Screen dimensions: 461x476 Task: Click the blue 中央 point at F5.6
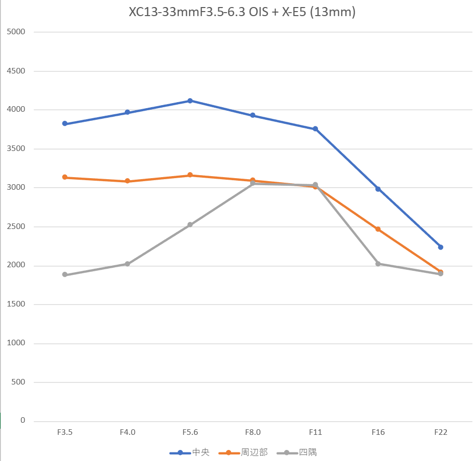(x=190, y=101)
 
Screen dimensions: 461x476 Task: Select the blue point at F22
(x=441, y=247)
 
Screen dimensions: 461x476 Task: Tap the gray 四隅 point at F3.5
(x=65, y=275)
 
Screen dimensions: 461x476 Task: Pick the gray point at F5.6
(x=190, y=225)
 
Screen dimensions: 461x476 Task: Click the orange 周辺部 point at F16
(x=378, y=229)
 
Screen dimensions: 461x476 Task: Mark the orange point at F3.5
(x=65, y=177)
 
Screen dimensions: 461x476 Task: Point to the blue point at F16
(x=378, y=189)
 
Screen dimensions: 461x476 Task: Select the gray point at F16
(x=378, y=264)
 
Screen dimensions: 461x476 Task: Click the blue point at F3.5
(x=65, y=123)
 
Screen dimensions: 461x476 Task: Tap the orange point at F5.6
(x=190, y=175)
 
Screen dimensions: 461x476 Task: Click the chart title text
(x=242, y=13)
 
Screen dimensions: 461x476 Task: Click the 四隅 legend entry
(x=297, y=452)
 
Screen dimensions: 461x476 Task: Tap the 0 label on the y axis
(x=23, y=421)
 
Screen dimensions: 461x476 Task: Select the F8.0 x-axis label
(x=253, y=432)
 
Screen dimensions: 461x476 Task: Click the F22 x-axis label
(x=441, y=432)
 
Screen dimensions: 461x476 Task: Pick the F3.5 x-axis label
(x=65, y=432)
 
